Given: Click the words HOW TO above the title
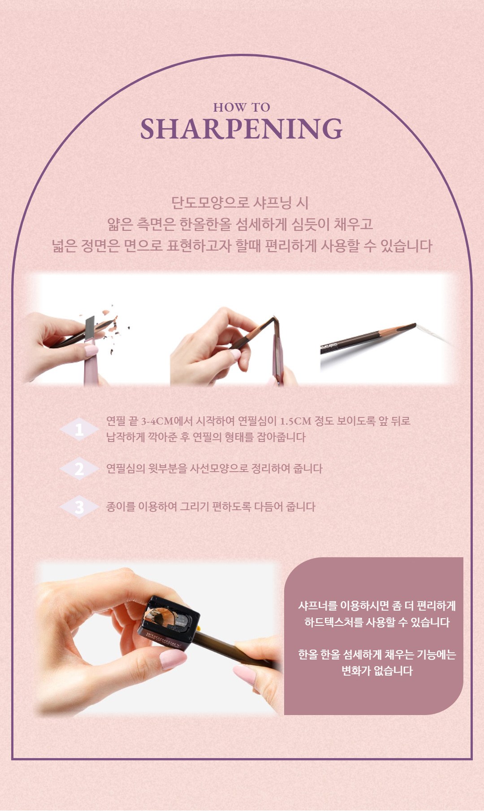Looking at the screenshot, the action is [x=242, y=108].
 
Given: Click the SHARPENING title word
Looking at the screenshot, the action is [x=242, y=129].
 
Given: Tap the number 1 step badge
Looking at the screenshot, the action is [x=79, y=430].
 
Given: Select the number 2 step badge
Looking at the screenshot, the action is [x=79, y=469].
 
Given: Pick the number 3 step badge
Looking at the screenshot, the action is [x=79, y=507].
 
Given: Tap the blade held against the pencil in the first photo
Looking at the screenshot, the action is [x=90, y=331].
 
